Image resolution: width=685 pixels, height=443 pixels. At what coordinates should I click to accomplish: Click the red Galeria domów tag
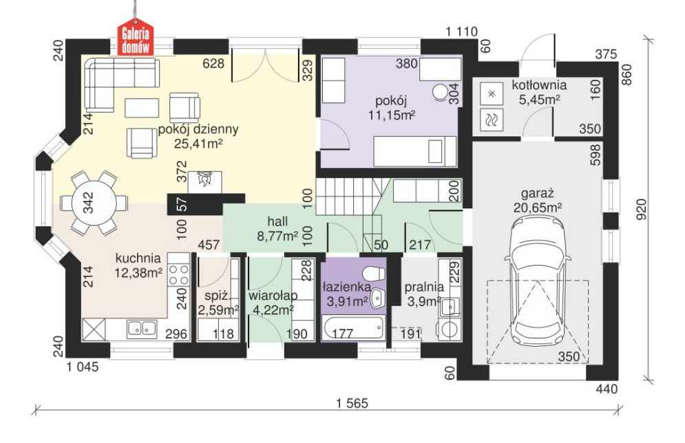136,38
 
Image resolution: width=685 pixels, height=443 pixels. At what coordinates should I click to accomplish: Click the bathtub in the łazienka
353,329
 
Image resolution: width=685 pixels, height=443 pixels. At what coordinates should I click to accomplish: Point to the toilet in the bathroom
374,273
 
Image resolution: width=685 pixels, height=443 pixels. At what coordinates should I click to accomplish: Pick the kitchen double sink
142,329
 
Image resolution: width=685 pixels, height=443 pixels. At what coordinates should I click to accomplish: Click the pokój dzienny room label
198,129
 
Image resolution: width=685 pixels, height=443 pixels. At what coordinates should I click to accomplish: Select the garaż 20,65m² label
538,200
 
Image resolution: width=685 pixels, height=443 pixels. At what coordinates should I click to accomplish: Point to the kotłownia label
539,85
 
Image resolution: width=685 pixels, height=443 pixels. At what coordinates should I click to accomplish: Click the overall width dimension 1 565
352,403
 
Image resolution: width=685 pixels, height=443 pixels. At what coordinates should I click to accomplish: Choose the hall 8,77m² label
277,228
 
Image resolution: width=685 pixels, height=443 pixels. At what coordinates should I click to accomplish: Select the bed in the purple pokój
415,151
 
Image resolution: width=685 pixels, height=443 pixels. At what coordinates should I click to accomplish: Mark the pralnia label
424,287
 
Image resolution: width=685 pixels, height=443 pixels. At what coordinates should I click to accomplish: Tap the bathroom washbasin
377,299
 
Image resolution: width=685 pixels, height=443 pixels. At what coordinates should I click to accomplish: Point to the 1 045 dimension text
83,367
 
